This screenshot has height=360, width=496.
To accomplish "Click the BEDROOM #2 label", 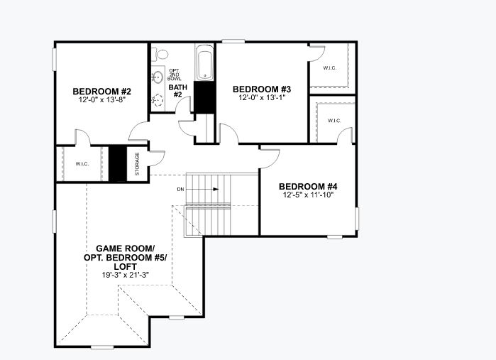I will pyautogui.click(x=102, y=91).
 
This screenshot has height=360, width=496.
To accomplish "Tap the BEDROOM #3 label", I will pyautogui.click(x=263, y=89).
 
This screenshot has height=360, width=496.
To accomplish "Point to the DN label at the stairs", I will pyautogui.click(x=181, y=190).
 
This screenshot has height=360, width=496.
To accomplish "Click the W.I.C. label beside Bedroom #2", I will pyautogui.click(x=82, y=164).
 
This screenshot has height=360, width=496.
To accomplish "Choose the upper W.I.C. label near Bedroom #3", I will pyautogui.click(x=330, y=68).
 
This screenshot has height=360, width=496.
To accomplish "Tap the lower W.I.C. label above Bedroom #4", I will pyautogui.click(x=334, y=121).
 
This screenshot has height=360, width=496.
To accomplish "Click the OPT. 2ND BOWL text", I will pyautogui.click(x=175, y=74).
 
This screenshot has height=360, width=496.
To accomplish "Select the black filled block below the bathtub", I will pyautogui.click(x=204, y=97).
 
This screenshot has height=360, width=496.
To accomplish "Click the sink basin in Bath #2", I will pyautogui.click(x=158, y=77).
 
